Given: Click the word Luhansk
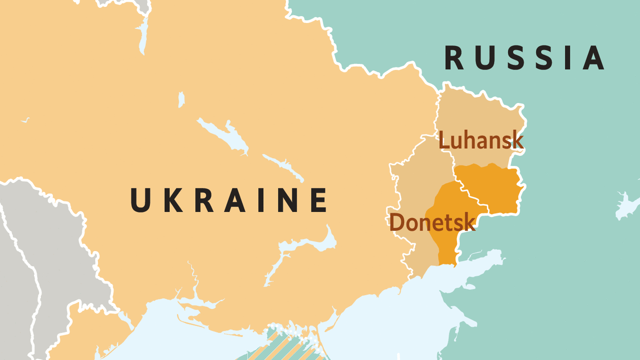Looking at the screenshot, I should pos(481,140).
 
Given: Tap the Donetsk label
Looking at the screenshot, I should pos(432,222).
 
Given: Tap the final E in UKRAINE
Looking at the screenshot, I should pos(318,199).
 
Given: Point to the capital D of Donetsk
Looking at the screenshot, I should pos(396,222).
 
